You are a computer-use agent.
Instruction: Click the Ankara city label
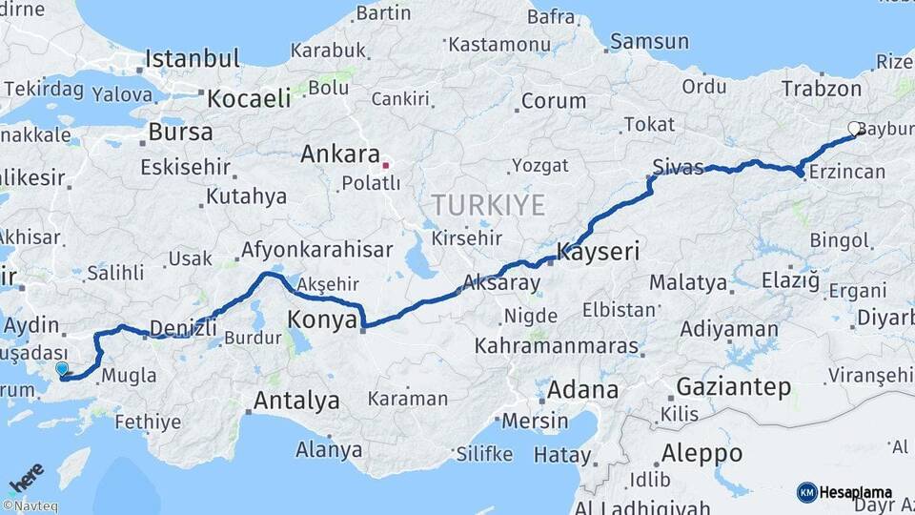click(x=339, y=154)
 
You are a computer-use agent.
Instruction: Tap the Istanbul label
click(x=192, y=59)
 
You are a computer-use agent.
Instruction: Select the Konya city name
click(x=322, y=320)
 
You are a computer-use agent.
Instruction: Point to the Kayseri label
click(x=598, y=253)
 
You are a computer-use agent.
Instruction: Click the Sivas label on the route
click(x=679, y=168)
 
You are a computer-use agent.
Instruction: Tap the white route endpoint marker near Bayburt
click(x=854, y=128)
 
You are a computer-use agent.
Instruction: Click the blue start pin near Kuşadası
click(x=62, y=368)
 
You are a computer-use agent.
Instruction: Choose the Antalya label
click(x=296, y=401)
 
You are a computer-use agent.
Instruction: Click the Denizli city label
click(x=184, y=328)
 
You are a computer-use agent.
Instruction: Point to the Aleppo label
click(x=702, y=452)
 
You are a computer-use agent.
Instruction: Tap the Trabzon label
click(x=821, y=89)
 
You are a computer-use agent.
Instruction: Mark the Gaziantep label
click(x=734, y=387)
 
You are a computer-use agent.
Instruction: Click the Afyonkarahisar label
click(x=317, y=250)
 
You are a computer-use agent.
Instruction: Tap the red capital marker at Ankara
click(x=386, y=164)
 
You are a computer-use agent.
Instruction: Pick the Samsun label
click(x=649, y=41)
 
